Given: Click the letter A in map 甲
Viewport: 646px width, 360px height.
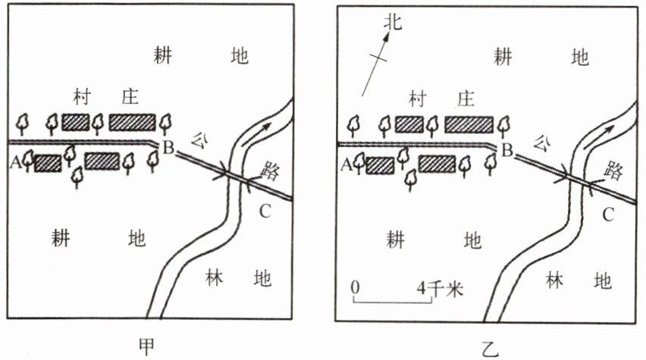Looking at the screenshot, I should pyautogui.click(x=14, y=161).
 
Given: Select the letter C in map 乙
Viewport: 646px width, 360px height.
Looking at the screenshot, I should pyautogui.click(x=608, y=215).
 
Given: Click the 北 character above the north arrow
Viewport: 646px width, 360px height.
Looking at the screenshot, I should pyautogui.click(x=391, y=23).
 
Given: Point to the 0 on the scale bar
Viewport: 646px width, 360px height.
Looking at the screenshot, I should pyautogui.click(x=355, y=289).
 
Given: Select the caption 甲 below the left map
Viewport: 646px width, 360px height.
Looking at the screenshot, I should pyautogui.click(x=149, y=345).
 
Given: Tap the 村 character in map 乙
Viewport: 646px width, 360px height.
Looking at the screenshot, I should pyautogui.click(x=416, y=99).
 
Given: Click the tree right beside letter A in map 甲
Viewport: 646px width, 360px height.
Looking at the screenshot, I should pyautogui.click(x=29, y=161).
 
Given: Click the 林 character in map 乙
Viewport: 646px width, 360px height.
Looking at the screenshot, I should pyautogui.click(x=556, y=281).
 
